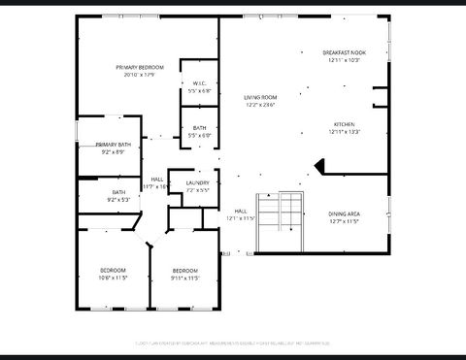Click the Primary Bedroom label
coord(140,67)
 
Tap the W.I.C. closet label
coord(199,83)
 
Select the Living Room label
coord(260,97)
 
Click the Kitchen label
coord(345,124)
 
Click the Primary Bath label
coord(112,145)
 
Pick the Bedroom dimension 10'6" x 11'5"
coord(113,278)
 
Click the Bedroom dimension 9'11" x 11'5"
coord(185,278)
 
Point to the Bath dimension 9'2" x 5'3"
coord(118,199)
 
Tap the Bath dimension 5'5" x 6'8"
coord(199,136)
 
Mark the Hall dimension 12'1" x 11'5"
coord(241,218)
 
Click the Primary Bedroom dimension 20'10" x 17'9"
coord(140,74)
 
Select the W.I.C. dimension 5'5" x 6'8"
coord(199,90)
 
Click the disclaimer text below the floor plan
coord(233,343)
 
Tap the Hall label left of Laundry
coord(156,179)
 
